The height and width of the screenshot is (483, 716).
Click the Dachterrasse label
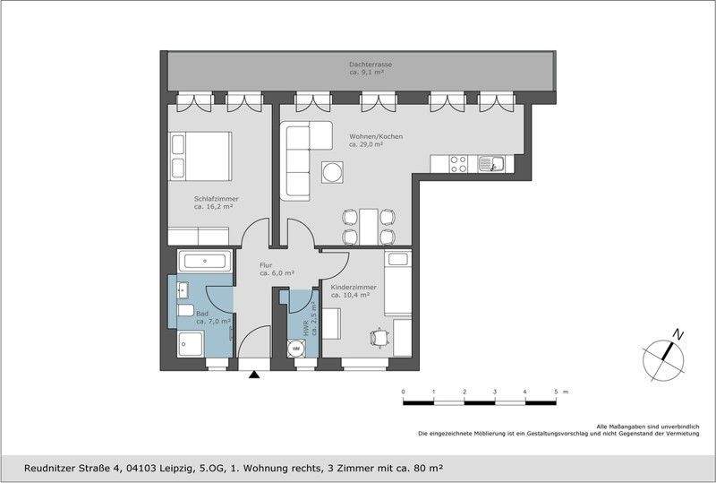[x=371, y=69]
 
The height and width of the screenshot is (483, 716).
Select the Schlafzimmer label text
[x=214, y=203]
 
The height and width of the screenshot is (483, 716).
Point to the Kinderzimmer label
[x=354, y=290]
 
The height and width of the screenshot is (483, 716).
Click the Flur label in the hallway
[x=267, y=269]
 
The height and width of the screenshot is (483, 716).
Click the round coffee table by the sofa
[x=333, y=170]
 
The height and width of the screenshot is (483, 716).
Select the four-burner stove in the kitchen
[x=457, y=164]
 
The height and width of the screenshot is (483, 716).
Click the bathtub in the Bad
[x=206, y=263]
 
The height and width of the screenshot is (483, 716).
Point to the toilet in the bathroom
[x=185, y=310]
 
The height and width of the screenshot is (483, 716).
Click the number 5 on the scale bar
[x=556, y=392]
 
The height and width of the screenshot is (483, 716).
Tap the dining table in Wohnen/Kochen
[x=368, y=225]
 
